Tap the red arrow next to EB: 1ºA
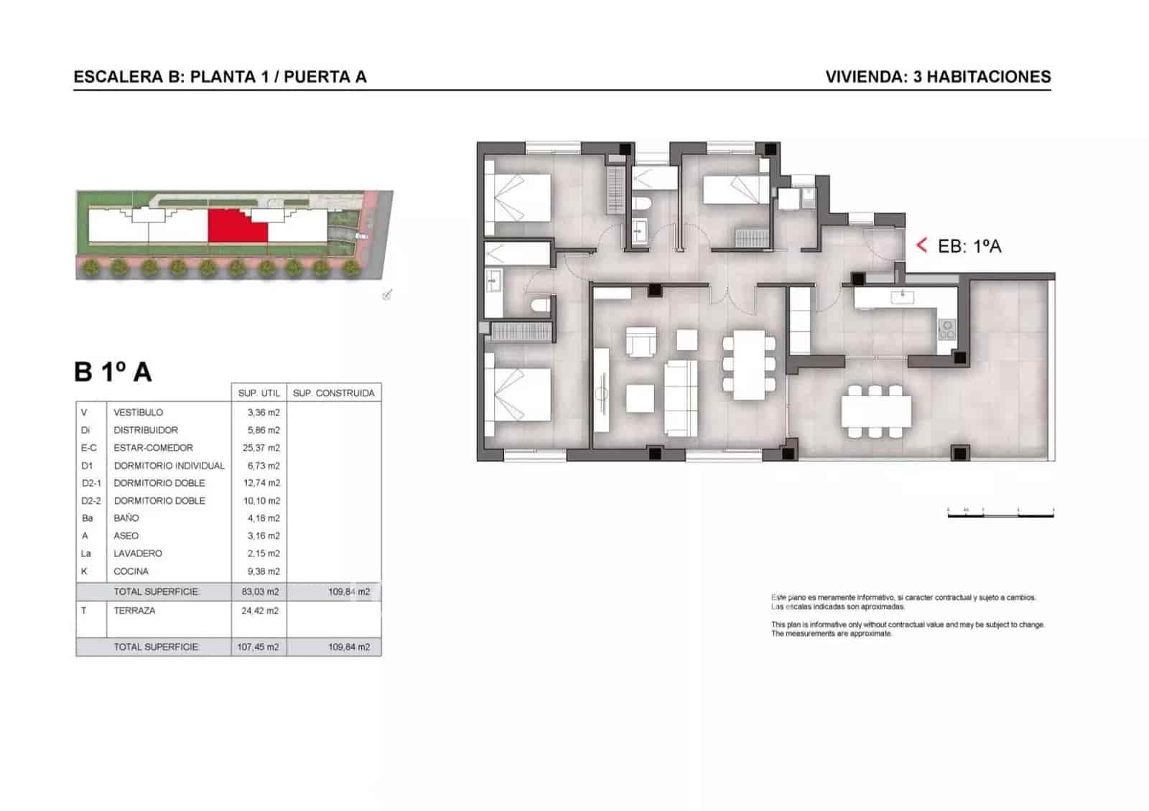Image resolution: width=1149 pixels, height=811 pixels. pos(922,245)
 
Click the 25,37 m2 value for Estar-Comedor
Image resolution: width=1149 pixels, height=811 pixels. pos(261,448)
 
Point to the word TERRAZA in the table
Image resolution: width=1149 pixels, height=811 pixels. pos(134,611)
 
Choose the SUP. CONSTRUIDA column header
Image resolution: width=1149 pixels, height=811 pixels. pos(333,393)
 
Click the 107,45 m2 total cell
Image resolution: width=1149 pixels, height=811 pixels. pos(259,647)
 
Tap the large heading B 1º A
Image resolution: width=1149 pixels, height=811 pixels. pos(113,372)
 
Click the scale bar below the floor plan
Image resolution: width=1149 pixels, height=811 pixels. pos(1000,513)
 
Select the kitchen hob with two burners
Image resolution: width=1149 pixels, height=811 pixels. pos(947,329)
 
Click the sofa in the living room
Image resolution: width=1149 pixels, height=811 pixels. pos(680,398)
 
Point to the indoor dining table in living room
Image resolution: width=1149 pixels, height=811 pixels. pos(749,365)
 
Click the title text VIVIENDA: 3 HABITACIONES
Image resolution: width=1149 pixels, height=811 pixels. pos(938,77)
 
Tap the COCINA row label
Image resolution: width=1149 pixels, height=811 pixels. pos(131,571)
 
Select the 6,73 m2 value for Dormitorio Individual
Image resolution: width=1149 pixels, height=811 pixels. pos(263,466)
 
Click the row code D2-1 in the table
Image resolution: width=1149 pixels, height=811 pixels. pos(91,483)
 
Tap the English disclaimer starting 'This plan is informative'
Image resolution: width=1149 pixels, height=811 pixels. pos(907,629)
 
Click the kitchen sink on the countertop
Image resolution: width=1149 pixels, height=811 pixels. pos(901,296)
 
